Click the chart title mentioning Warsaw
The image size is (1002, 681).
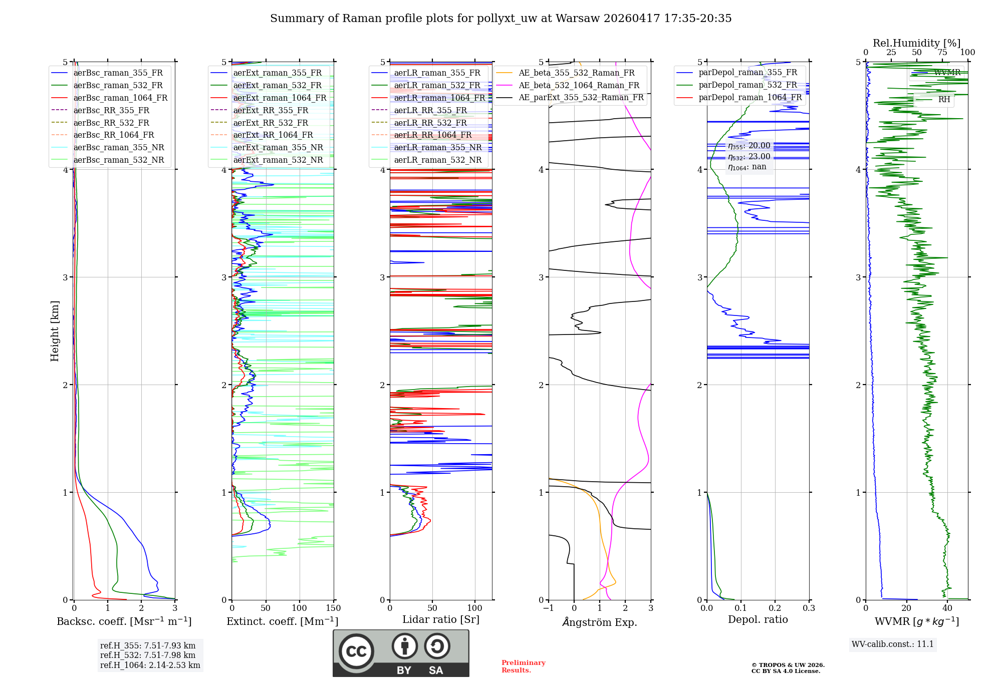(500, 19)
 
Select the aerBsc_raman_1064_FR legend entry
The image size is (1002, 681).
(120, 98)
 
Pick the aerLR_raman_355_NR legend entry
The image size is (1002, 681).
(437, 147)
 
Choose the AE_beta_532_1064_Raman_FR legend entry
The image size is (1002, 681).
(579, 85)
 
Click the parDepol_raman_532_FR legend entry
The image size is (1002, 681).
(747, 85)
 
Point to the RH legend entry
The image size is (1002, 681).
(944, 100)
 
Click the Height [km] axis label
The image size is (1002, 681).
(55, 331)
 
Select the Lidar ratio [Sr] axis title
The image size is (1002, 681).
(440, 619)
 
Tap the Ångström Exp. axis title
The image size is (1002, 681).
(600, 622)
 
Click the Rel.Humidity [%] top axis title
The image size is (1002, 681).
(916, 43)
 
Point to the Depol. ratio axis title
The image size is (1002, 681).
(758, 619)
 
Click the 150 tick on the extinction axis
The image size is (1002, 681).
(333, 608)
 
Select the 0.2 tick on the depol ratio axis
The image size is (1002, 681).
(775, 608)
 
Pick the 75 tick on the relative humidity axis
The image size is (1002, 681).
(942, 53)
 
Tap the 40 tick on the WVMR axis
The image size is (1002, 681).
(947, 608)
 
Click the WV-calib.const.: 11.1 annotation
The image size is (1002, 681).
(893, 644)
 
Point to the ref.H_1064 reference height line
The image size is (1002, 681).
(150, 665)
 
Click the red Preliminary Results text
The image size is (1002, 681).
(523, 666)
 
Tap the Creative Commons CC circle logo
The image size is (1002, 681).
(356, 651)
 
